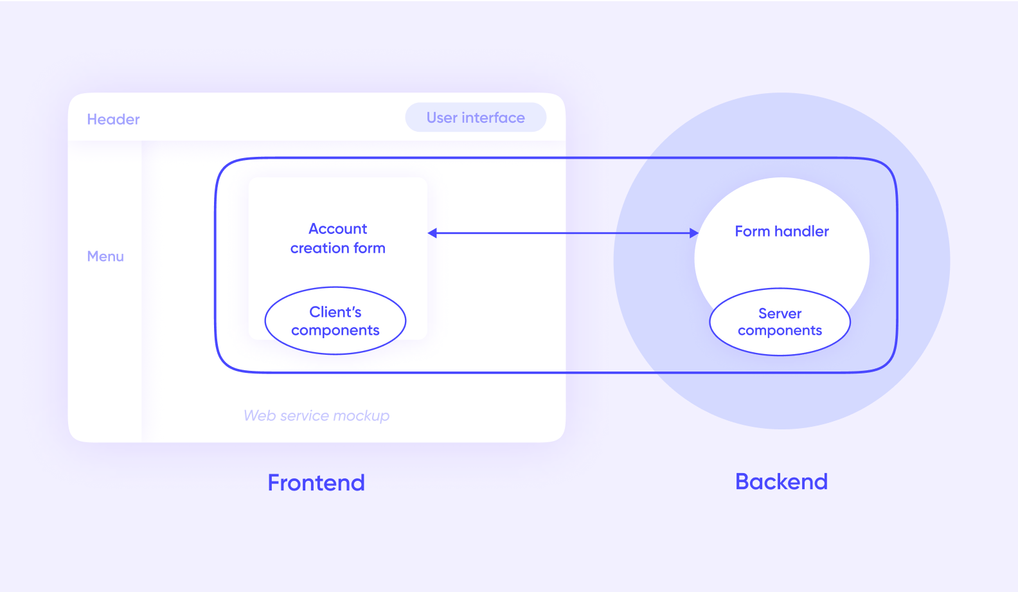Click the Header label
pos(113,119)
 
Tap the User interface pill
pos(476,118)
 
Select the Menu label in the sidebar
pos(105,256)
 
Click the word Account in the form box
pos(337,228)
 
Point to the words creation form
pos(337,248)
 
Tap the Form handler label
pos(781,231)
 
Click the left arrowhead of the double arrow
pos(432,233)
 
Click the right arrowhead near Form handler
pos(694,233)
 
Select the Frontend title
pos(316,483)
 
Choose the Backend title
pos(781,481)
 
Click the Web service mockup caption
pos(316,416)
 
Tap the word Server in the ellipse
pos(780,313)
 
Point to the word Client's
pos(335,312)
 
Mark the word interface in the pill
pos(493,118)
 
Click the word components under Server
pos(780,330)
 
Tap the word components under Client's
pos(335,330)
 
